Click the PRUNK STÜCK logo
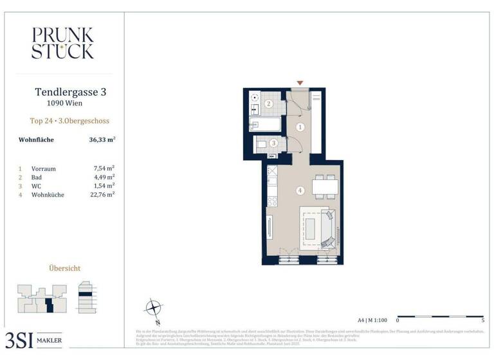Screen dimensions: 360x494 pos(62,43)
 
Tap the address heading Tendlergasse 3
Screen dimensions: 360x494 pos(70,92)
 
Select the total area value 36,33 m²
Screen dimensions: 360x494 pos(102,139)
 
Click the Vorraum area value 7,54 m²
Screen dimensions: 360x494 pos(104,168)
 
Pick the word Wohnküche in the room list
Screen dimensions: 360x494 pos(47,194)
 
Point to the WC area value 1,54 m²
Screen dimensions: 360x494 pos(104,185)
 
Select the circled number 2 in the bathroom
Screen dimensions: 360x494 pos(270,104)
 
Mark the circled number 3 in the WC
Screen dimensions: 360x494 pos(273,143)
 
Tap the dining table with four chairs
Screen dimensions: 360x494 pos(324,187)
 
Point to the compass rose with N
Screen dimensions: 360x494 pos(153,307)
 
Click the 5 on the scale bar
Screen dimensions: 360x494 pos(482,319)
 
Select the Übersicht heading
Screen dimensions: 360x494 pos(65,268)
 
